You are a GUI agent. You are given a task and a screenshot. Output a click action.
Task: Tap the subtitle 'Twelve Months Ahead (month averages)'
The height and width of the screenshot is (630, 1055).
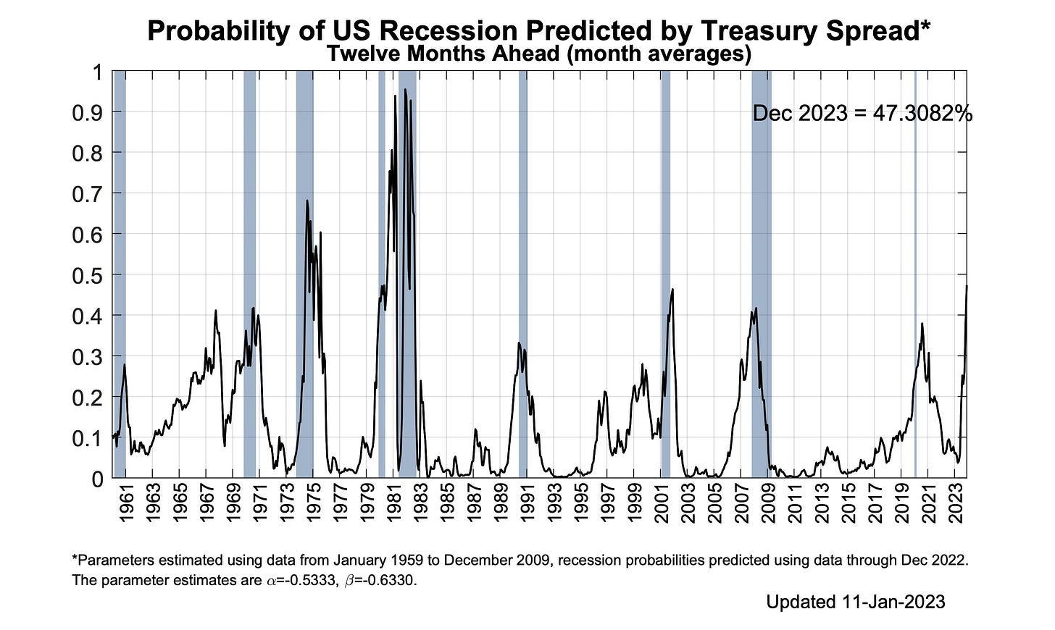pos(539,54)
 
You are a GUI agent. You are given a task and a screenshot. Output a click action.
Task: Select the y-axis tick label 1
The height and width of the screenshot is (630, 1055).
pos(98,72)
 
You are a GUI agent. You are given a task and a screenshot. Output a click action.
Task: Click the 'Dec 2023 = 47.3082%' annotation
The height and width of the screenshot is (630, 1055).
pos(862,114)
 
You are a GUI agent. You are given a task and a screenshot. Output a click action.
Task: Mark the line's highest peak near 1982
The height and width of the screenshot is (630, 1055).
pos(405,89)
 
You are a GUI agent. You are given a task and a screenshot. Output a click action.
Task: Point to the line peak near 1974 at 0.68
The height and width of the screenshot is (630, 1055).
pos(307,201)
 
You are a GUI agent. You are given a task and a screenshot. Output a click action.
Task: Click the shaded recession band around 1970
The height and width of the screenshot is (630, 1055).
pos(249,274)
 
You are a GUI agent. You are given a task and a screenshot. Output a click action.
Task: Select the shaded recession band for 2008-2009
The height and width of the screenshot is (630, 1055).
pos(761,274)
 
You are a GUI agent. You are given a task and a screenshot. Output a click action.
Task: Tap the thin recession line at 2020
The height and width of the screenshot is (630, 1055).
pos(915,274)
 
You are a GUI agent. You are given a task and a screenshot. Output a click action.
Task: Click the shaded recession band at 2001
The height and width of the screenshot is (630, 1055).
pos(665,274)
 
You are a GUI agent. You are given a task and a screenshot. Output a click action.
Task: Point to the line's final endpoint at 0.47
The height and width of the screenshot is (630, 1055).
pos(967,286)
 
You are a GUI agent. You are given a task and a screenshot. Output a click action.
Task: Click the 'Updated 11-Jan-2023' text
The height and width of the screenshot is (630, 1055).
pos(855,602)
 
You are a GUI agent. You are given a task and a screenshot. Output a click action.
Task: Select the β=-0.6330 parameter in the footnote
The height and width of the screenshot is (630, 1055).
pos(380,580)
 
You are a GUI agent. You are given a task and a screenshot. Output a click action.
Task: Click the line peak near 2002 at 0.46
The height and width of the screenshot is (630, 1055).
pos(672,289)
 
